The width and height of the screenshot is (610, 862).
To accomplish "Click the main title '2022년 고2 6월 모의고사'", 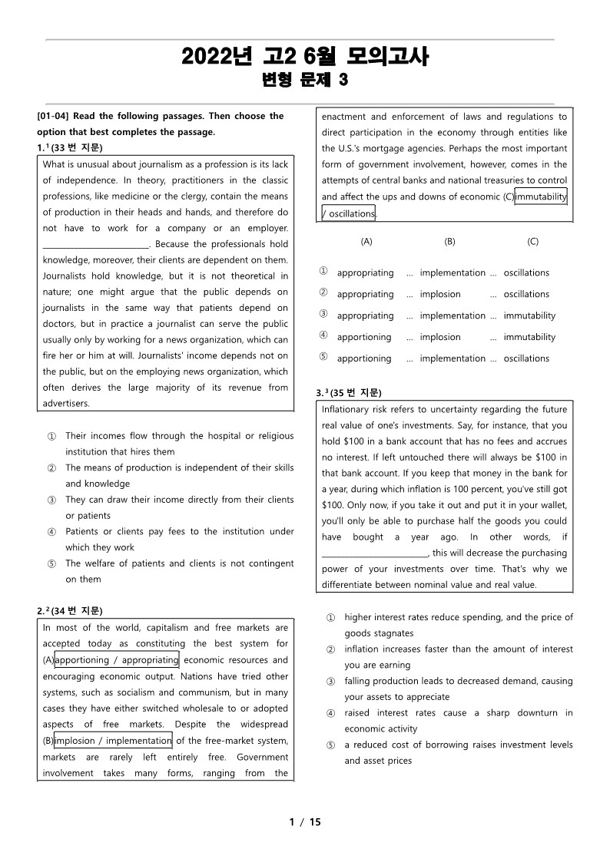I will [305, 56].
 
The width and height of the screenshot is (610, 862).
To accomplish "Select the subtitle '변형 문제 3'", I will [305, 80].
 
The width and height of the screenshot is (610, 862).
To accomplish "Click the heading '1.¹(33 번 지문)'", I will [70, 147].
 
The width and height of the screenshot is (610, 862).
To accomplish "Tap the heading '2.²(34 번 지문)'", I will [70, 611].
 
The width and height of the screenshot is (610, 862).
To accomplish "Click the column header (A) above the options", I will [366, 241].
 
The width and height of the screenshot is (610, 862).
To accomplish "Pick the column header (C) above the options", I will [532, 241].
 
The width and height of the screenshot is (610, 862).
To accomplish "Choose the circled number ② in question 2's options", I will [323, 293].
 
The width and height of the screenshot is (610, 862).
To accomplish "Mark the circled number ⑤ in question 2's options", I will [323, 358].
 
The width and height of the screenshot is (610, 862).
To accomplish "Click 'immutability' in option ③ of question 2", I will [529, 315].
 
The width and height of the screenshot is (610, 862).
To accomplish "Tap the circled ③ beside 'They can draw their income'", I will [51, 500].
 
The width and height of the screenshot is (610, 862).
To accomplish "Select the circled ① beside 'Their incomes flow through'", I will [51, 436].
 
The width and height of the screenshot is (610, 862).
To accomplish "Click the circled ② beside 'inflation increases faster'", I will [330, 650].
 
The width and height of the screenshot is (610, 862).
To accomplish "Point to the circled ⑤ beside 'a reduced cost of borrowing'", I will [330, 745].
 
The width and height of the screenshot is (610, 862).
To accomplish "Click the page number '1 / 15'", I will [305, 822].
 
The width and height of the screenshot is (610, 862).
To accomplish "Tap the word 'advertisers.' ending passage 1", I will [66, 403].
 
